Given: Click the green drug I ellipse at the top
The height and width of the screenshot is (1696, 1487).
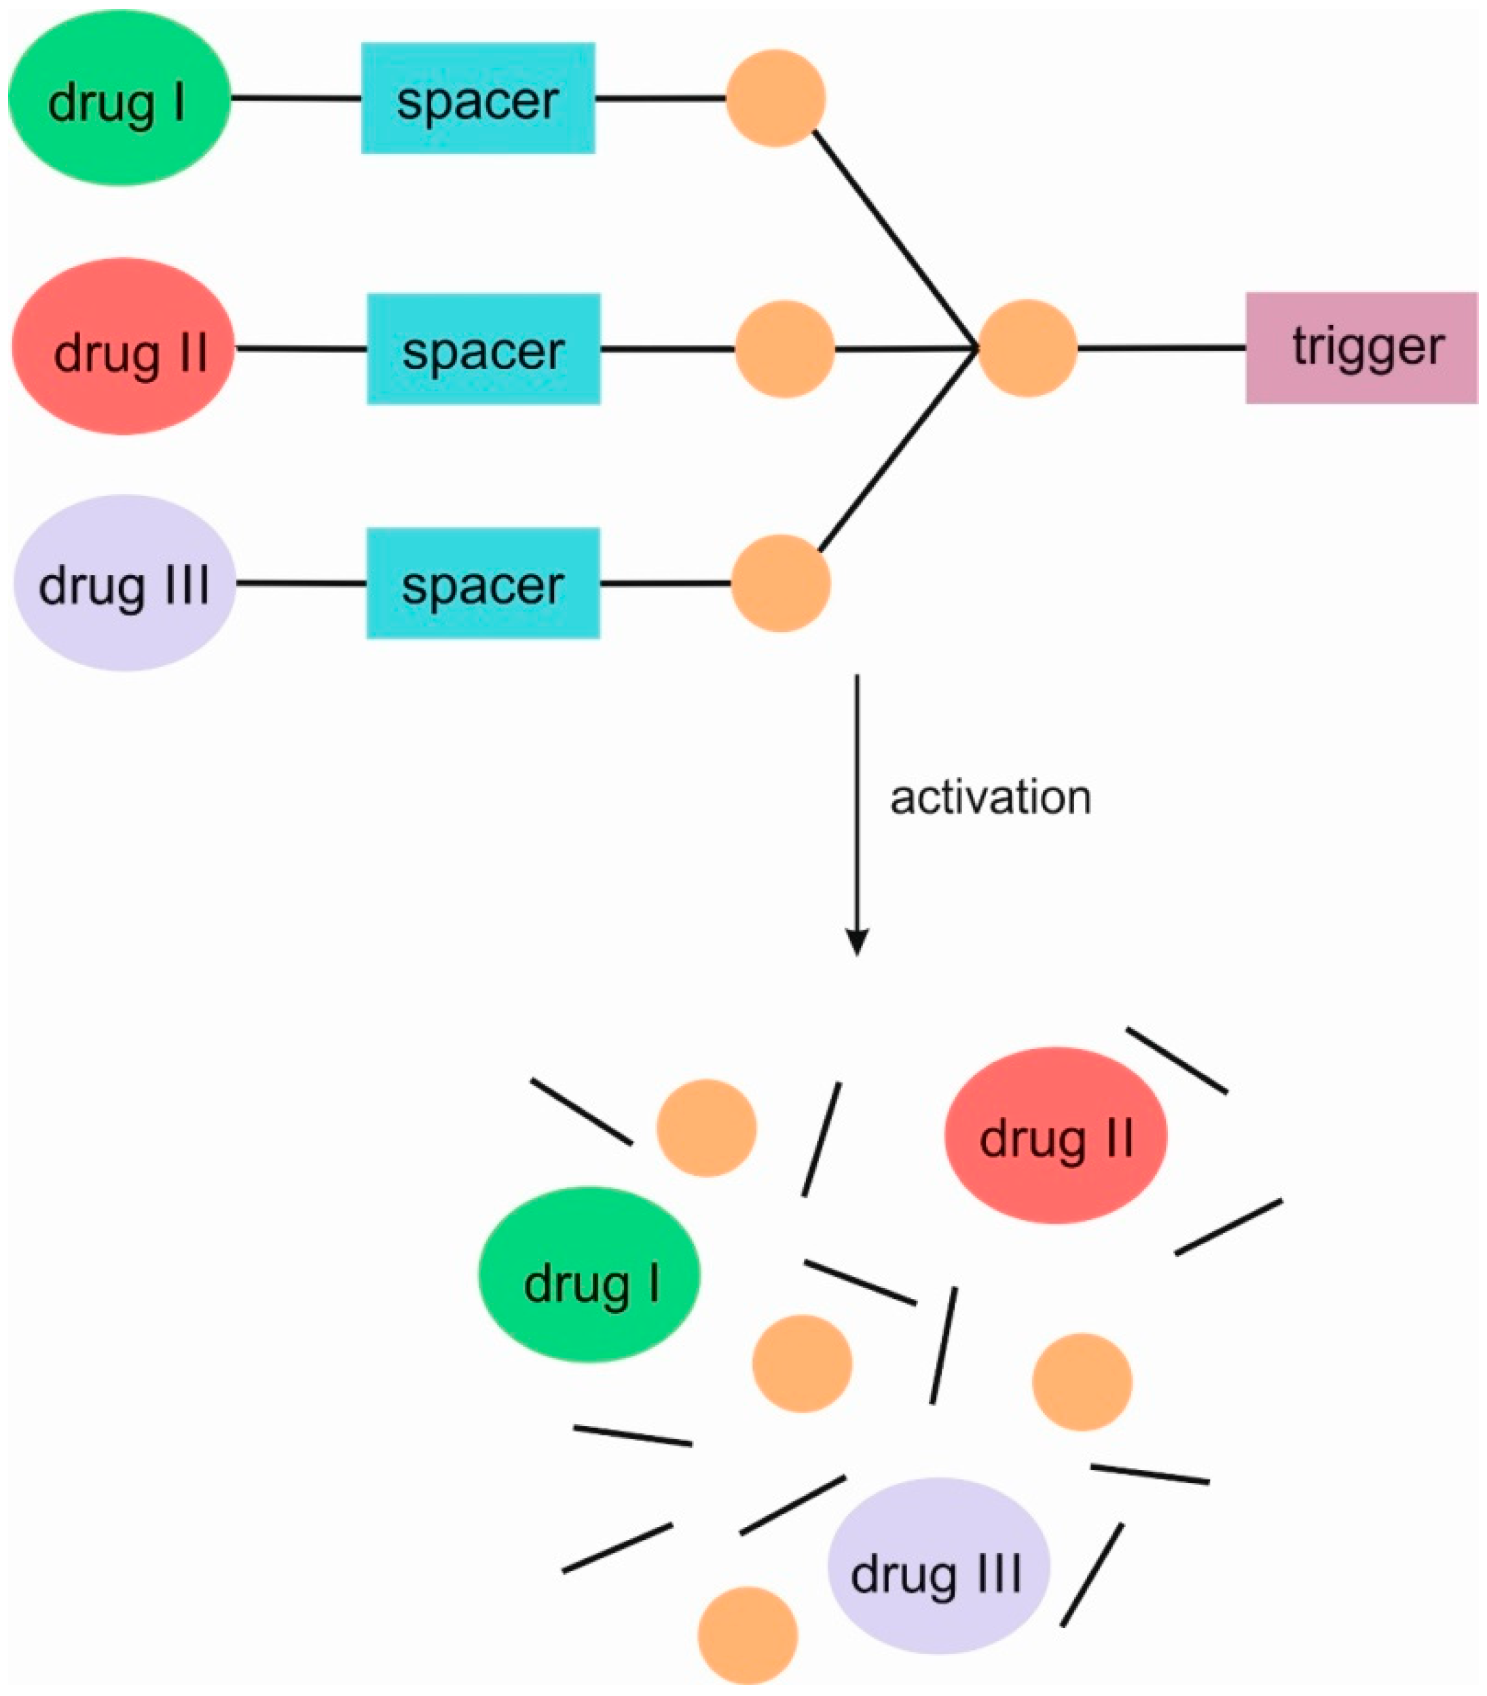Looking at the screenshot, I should coord(119,98).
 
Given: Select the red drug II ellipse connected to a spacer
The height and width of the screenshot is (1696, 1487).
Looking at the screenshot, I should coord(124,347).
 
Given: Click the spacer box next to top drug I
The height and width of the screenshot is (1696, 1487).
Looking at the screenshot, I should coord(478,98).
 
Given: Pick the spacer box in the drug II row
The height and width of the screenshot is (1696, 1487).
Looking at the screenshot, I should coord(483,348).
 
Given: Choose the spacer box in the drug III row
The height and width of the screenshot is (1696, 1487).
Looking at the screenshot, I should coord(483,583).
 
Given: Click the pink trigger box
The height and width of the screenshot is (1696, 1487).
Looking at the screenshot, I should coord(1361,347).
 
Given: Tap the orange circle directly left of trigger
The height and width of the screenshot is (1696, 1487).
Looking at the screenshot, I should coord(1027,348).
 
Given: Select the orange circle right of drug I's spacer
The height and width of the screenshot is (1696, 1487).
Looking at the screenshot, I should coord(775,98).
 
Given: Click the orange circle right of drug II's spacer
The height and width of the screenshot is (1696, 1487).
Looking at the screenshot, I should coord(784,349).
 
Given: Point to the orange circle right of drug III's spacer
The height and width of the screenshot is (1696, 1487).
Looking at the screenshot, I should coord(780,583).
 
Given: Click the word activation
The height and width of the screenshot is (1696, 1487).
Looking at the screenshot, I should coord(990,798).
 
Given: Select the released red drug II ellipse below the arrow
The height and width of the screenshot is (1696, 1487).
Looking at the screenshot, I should coord(1056,1136).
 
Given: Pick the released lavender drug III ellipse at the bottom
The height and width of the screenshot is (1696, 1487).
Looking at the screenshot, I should coord(938,1565).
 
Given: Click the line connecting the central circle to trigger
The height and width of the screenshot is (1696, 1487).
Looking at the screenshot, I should coord(1162,348).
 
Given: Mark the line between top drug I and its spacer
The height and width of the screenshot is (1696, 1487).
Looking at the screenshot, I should coord(295,98).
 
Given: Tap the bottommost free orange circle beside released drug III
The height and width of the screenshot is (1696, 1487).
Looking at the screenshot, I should coord(748,1635).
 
